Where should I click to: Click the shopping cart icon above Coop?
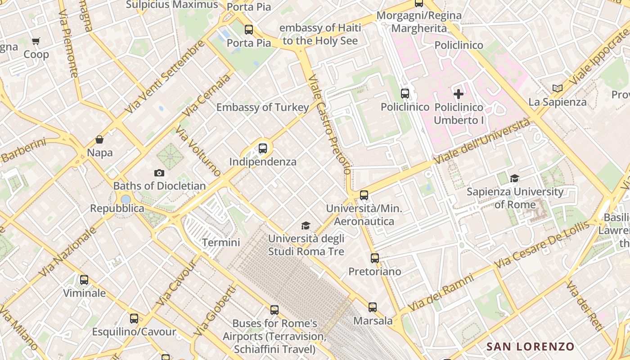coord(36,41)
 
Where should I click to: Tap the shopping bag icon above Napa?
coord(99,139)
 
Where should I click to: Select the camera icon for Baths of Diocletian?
coord(159,173)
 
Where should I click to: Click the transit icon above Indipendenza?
coord(263,148)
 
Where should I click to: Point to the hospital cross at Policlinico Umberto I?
coord(459,94)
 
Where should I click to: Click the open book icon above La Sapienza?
coord(558,89)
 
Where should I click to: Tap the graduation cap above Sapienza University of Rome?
coord(515,179)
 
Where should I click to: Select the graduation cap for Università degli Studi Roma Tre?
coord(306,225)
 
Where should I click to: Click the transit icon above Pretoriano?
coord(375,258)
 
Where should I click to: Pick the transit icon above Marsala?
coord(373,307)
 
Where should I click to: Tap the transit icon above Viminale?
coord(84,280)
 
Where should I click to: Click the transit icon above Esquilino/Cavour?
coord(134,319)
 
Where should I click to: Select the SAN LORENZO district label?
coord(531,346)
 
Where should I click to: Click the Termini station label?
coord(221,243)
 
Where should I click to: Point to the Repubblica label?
coord(117,208)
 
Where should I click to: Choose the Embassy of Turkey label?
coord(262,108)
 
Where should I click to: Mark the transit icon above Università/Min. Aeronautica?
coord(364,195)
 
